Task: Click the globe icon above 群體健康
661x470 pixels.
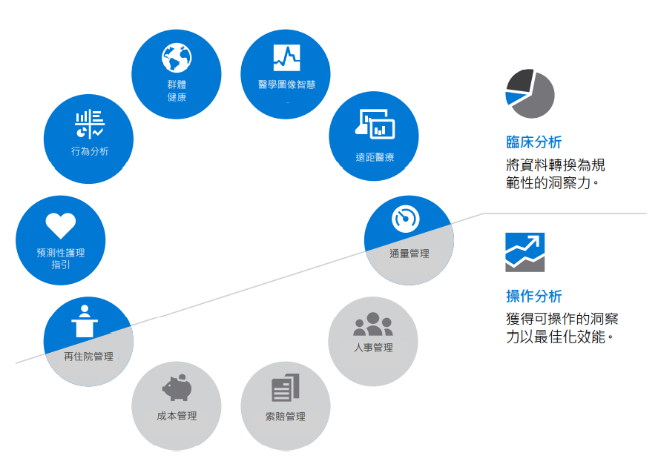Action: (x=177, y=57)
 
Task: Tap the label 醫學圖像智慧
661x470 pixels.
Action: (x=286, y=85)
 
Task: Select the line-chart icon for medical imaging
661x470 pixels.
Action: (x=286, y=56)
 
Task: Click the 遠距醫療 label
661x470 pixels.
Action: (x=374, y=157)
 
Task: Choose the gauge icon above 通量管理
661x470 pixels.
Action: (x=406, y=218)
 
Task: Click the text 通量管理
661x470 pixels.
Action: (x=410, y=254)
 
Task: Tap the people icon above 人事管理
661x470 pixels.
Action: (x=373, y=324)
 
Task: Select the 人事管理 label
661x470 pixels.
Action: (x=373, y=348)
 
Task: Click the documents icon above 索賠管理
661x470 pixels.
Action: (x=286, y=388)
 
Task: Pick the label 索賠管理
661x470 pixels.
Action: (x=286, y=417)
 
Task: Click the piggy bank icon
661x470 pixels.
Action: (x=177, y=387)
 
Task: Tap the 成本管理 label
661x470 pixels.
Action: (x=177, y=416)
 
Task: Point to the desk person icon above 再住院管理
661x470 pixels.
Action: (x=85, y=320)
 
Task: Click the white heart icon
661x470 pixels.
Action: (x=60, y=225)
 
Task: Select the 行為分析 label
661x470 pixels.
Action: (x=90, y=151)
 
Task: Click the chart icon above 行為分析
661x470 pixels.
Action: (x=90, y=124)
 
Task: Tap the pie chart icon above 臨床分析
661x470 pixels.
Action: (x=530, y=94)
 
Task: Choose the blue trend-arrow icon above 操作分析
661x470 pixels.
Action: (x=524, y=252)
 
